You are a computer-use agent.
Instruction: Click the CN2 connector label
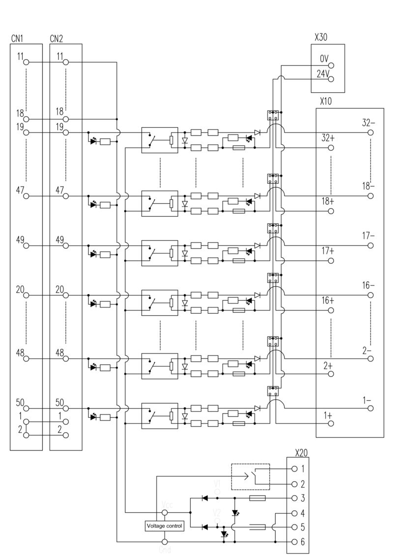tap(56, 39)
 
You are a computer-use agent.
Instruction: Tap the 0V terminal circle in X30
tap(331, 65)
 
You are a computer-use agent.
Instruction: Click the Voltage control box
tap(164, 526)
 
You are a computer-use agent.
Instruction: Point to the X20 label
tap(302, 452)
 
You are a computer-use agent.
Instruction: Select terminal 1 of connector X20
tap(294, 469)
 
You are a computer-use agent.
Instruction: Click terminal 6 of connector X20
tap(294, 542)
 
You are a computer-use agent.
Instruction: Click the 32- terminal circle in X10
tap(370, 133)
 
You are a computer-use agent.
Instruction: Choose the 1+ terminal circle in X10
tap(331, 422)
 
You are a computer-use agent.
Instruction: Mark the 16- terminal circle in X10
tap(370, 295)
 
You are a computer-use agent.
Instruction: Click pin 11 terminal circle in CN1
tap(27, 62)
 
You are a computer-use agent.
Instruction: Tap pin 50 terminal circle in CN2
tap(66, 408)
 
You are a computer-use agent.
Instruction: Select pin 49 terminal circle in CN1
tap(27, 245)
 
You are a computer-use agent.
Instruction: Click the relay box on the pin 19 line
tap(160, 140)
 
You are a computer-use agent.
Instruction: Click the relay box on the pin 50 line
tap(160, 416)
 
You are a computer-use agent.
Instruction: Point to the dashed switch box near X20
tap(251, 476)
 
